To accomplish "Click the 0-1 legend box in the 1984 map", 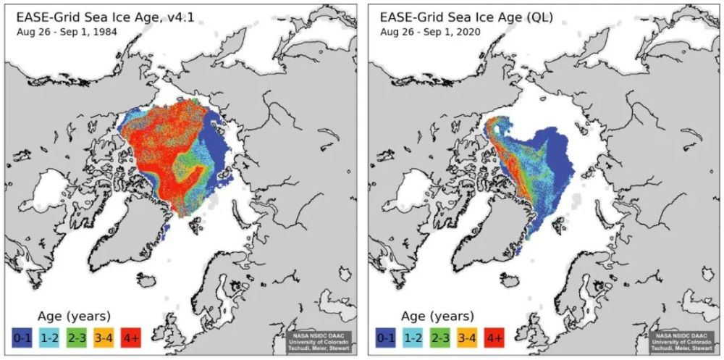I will [x=21, y=336].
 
